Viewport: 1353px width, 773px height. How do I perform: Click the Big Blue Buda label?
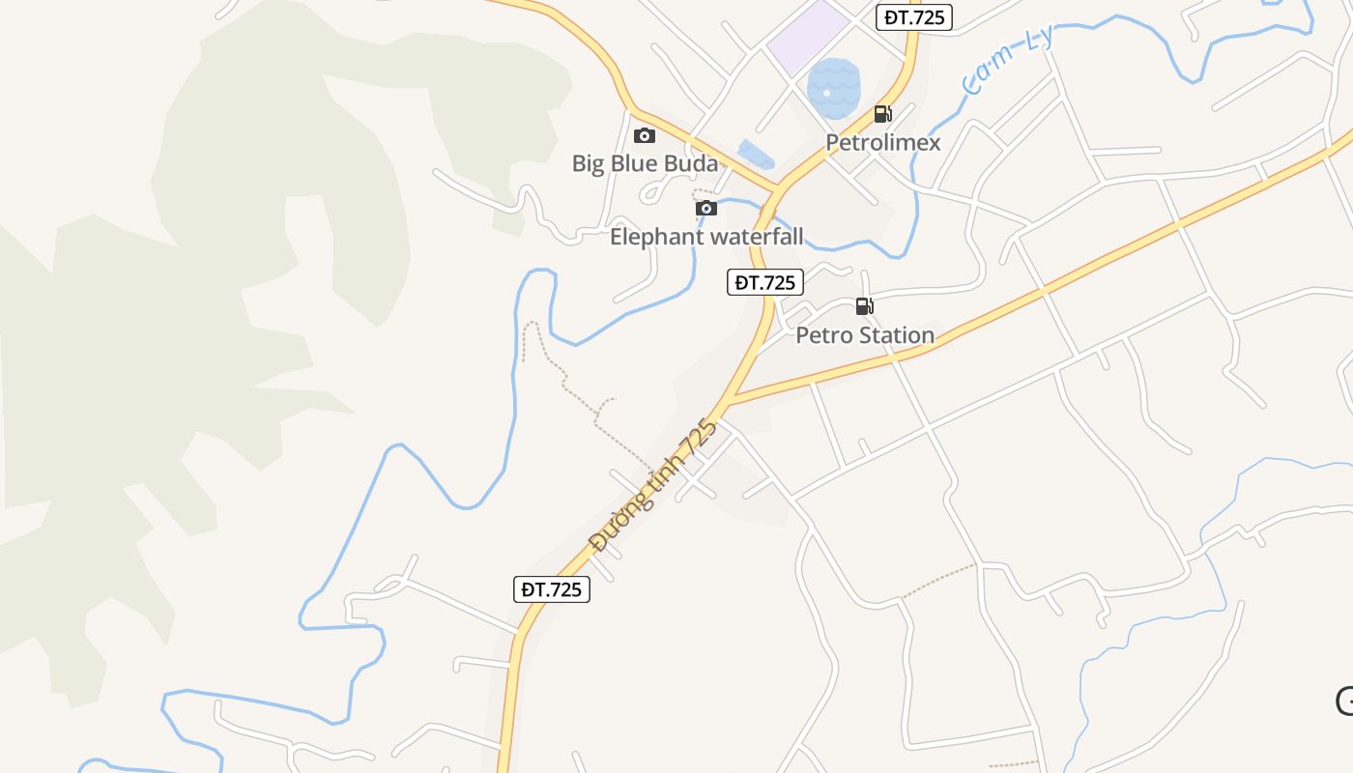(x=645, y=163)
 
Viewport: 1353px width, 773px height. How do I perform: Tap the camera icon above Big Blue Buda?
(x=645, y=136)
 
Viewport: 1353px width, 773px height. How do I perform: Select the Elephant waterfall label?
(x=706, y=237)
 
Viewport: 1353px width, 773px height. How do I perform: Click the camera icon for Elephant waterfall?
(x=706, y=209)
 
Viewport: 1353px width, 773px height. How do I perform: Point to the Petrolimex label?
(x=882, y=143)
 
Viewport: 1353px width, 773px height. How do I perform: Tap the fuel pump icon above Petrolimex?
(x=882, y=114)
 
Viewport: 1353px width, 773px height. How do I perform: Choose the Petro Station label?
(x=865, y=335)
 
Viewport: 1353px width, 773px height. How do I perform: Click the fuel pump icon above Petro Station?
(x=864, y=307)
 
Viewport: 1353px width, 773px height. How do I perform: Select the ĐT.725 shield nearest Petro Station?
(x=765, y=282)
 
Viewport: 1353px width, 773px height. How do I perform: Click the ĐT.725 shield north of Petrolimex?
(x=914, y=16)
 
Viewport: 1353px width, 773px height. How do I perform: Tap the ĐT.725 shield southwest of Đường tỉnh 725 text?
(x=551, y=589)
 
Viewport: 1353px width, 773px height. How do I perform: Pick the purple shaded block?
(x=809, y=37)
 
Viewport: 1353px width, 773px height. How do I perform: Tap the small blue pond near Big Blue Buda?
(x=755, y=154)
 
